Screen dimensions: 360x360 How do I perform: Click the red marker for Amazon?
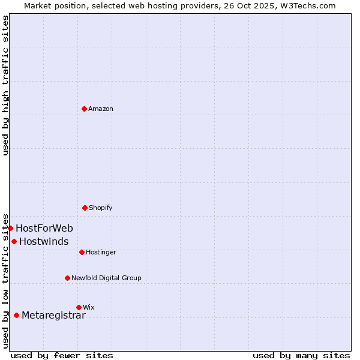85,109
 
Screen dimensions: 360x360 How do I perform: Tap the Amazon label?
101,109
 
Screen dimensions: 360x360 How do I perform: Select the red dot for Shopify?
85,208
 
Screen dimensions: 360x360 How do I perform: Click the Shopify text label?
101,208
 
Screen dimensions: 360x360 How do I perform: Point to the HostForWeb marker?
11,228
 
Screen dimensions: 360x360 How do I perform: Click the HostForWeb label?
44,229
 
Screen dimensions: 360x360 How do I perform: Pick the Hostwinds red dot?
14,241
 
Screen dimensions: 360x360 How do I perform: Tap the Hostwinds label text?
44,242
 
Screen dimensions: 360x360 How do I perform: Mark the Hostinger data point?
82,252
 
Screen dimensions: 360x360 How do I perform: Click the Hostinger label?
101,253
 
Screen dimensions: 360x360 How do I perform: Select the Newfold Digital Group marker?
67,278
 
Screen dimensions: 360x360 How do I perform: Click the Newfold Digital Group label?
106,278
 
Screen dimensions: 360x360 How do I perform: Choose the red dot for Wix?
79,307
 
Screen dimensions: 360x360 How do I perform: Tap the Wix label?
89,308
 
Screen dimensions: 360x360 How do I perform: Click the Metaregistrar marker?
16,315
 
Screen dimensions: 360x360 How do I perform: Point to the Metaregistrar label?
53,316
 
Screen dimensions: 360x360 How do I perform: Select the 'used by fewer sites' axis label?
62,355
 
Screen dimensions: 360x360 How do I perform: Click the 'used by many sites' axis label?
301,355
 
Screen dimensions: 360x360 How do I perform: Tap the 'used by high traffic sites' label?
5,85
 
